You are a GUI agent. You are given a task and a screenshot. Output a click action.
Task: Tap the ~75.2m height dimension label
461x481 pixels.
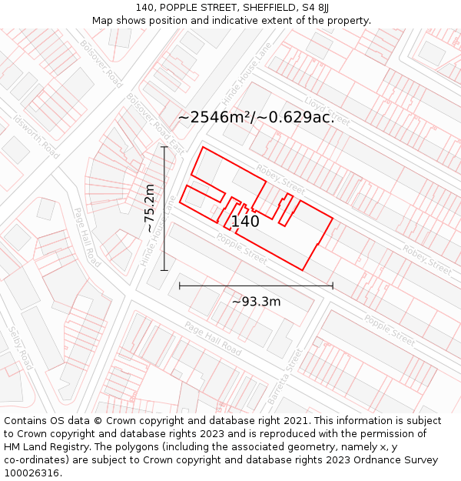[x=150, y=208]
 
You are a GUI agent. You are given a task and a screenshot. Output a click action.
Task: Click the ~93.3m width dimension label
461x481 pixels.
[x=256, y=302]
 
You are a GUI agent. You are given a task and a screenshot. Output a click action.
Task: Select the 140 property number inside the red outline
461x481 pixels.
[x=245, y=222]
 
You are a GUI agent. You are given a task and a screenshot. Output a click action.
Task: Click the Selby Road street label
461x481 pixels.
[x=20, y=348]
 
